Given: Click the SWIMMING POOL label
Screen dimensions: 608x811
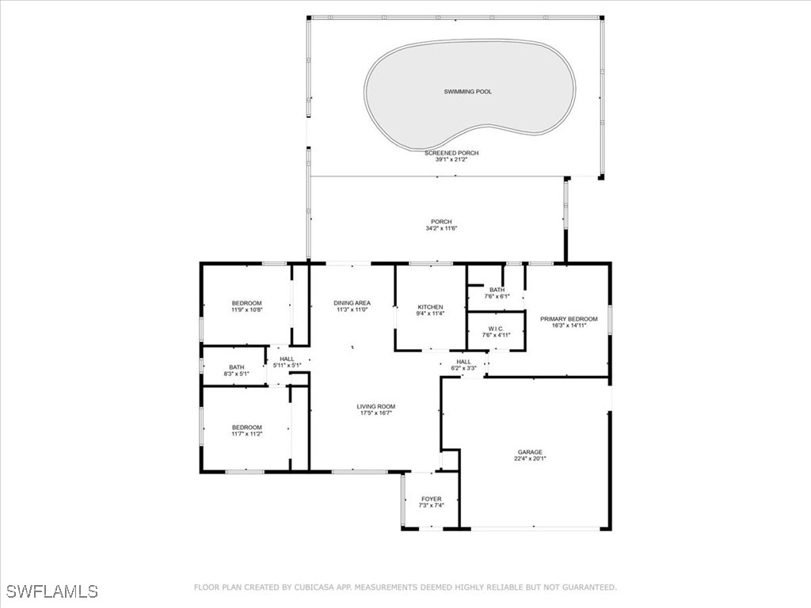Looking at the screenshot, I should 467,92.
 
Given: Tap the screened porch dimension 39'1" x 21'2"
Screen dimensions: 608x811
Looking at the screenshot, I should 451,160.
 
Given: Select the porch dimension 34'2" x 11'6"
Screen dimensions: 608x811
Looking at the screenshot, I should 441,229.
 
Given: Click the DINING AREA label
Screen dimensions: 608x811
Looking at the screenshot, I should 352,303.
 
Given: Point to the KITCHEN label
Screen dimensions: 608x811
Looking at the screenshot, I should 431,307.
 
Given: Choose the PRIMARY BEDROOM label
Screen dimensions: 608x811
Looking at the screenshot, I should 569,319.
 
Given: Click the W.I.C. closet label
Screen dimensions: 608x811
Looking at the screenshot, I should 497,329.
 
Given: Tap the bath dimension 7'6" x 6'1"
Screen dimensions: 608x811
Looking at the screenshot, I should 497,297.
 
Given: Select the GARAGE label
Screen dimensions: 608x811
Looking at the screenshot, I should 530,452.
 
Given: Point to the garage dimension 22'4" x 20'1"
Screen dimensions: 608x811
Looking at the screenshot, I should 530,459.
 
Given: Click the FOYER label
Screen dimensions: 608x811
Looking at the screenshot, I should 432,499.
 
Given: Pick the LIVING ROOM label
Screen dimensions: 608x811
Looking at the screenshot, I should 375,407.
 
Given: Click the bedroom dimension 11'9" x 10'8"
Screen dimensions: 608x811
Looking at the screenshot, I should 246,310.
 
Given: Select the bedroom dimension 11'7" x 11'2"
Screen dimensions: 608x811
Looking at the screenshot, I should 246,434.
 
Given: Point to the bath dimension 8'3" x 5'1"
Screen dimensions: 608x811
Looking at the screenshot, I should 236,374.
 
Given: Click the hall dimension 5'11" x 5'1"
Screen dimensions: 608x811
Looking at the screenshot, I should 287,366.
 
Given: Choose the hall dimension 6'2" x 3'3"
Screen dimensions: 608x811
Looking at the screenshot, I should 463,368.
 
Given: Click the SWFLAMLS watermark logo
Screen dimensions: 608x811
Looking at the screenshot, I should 52,591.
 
